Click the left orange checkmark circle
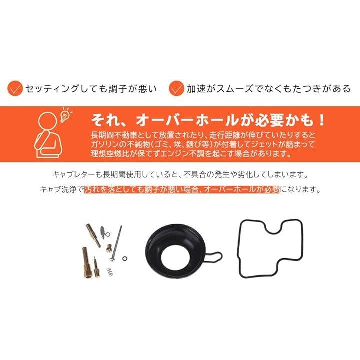(x=15, y=88)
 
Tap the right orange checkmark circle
(x=176, y=88)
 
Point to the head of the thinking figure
(x=48, y=121)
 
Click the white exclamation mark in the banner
(x=322, y=120)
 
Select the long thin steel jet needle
(x=116, y=244)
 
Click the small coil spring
(x=110, y=272)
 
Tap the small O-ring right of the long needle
(x=125, y=259)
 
